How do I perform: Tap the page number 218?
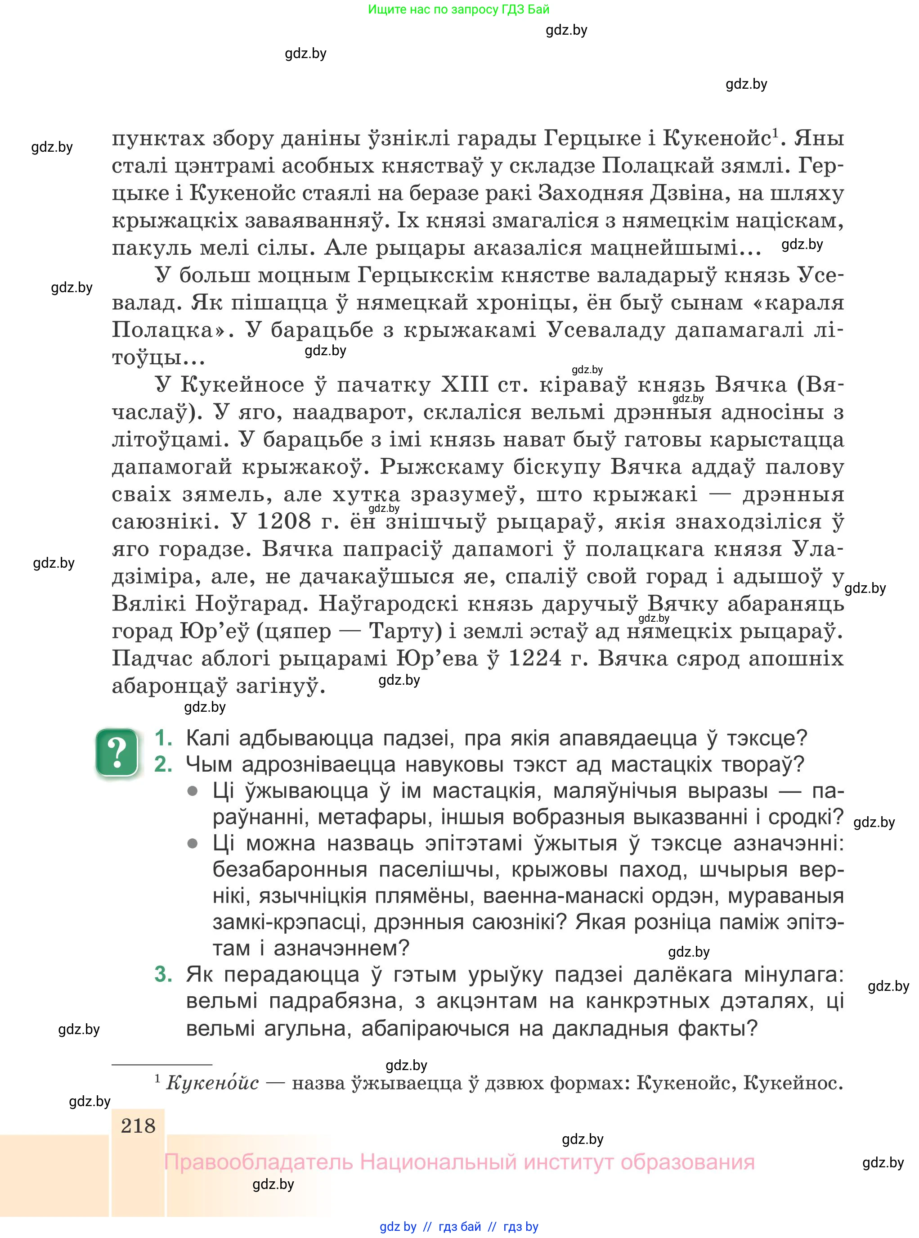(x=138, y=1125)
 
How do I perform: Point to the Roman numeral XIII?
(x=465, y=384)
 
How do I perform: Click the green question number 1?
(x=163, y=738)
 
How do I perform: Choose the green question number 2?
(x=163, y=765)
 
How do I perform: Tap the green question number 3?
(x=163, y=975)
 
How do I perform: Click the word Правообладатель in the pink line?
(x=259, y=1162)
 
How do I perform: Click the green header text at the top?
(x=458, y=9)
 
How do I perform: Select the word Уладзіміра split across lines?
(x=813, y=549)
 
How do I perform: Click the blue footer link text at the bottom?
(x=458, y=1226)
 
